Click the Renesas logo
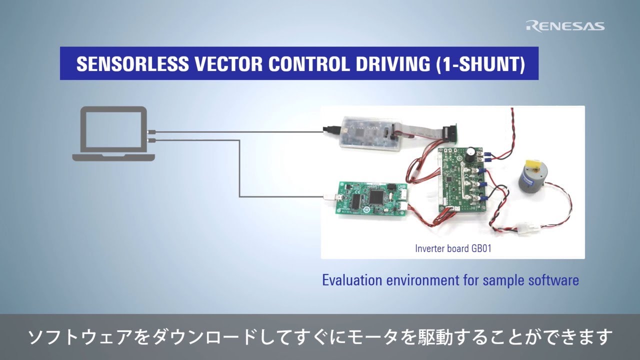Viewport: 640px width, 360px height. tap(565, 26)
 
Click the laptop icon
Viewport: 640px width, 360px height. tap(113, 133)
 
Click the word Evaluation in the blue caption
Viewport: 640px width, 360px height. tap(351, 280)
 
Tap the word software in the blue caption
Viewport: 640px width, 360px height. tap(553, 280)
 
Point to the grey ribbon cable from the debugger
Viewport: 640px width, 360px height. tap(420, 131)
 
